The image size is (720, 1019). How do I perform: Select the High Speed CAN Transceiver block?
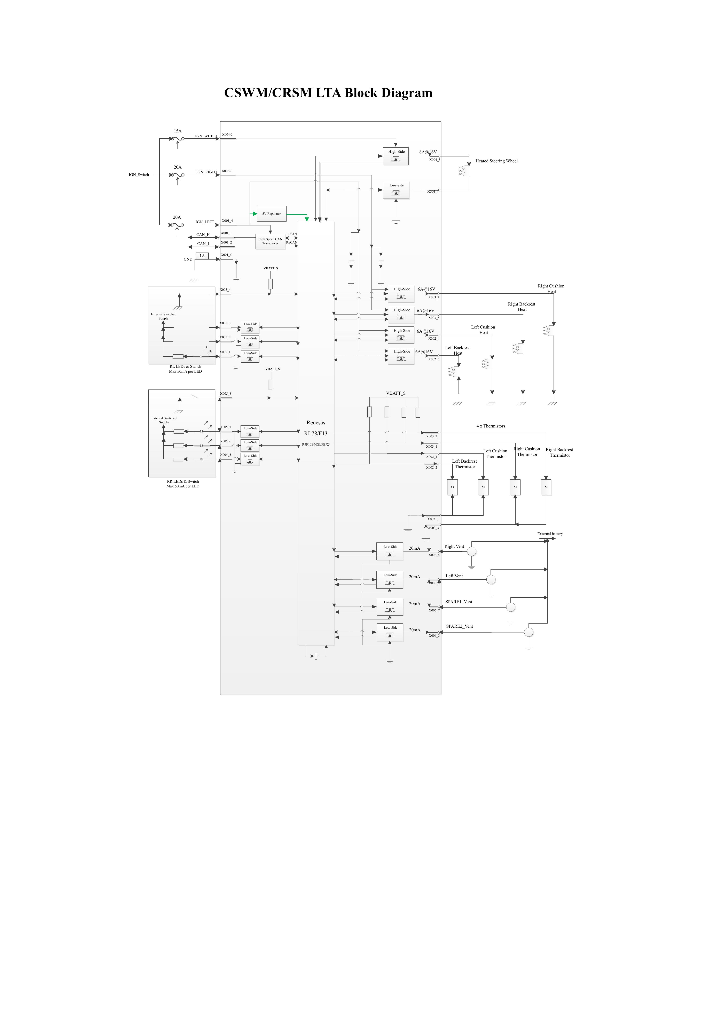pos(270,241)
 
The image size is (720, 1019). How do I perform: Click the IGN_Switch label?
pos(139,175)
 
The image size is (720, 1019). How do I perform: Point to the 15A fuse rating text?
pos(178,131)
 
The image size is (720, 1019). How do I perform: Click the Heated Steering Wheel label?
pos(496,161)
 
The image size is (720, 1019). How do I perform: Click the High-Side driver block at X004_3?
pos(396,156)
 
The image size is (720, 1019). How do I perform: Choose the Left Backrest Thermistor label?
pos(464,464)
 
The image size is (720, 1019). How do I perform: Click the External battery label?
pos(550,534)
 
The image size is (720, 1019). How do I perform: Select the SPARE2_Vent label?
pos(460,626)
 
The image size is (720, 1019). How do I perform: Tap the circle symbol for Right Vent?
pos(472,551)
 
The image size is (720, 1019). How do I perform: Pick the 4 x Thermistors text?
pos(491,426)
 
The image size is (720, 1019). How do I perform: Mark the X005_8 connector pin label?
pos(225,394)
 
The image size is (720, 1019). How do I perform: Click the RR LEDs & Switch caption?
pos(183,481)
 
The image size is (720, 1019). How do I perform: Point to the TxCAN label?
pos(291,234)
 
